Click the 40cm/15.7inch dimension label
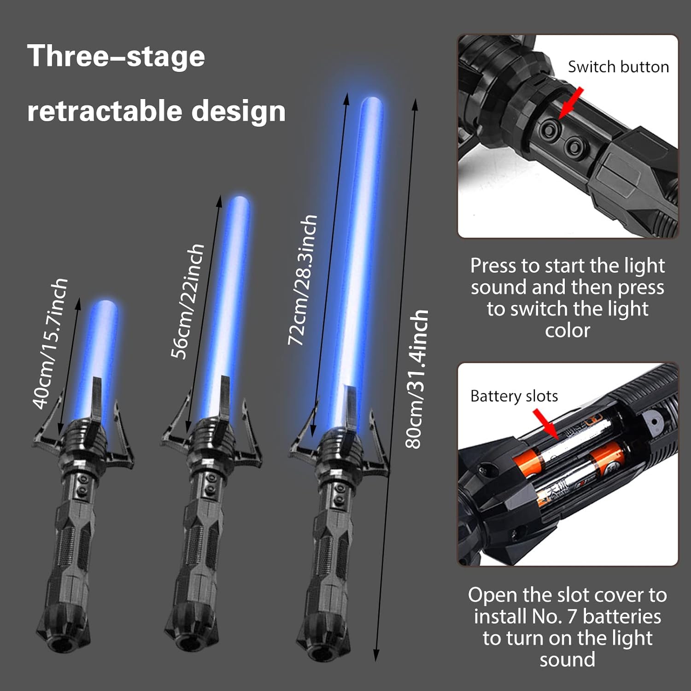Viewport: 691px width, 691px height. (51, 343)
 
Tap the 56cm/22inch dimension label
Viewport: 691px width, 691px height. (187, 301)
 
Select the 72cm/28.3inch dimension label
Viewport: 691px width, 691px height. (303, 280)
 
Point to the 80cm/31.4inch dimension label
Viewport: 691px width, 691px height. (417, 379)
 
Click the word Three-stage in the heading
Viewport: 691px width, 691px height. (116, 56)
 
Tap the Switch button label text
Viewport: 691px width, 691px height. (618, 67)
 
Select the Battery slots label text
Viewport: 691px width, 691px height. (514, 396)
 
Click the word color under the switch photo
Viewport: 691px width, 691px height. (568, 330)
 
